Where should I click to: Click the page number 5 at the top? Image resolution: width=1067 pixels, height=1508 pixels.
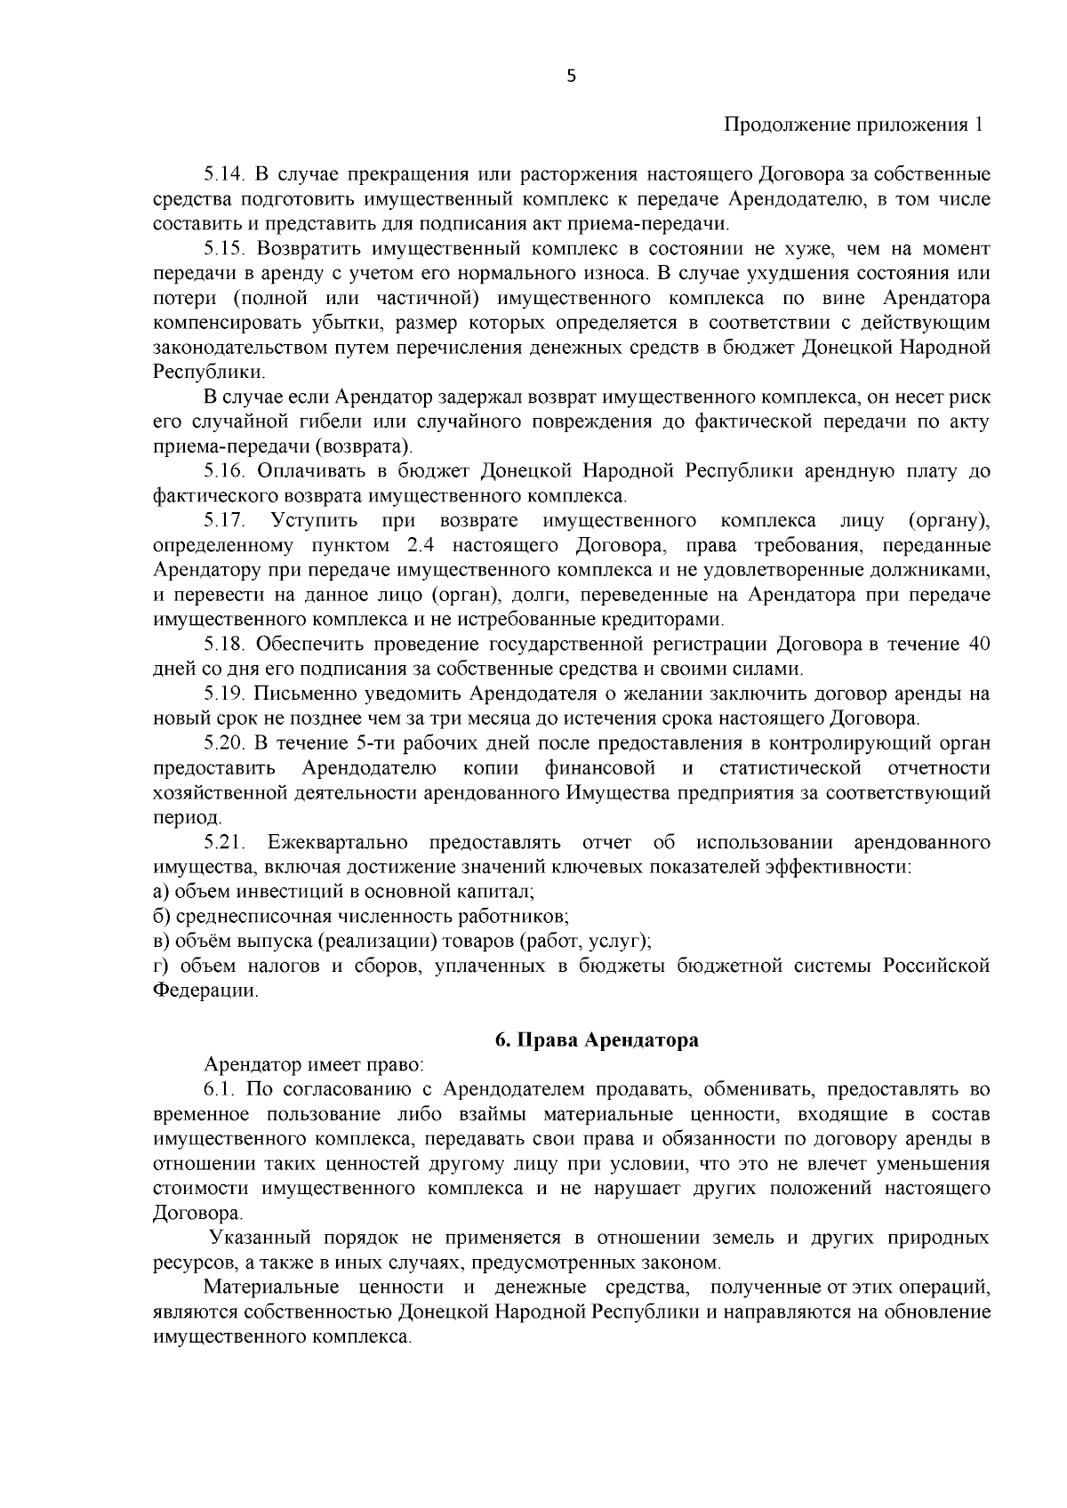571,76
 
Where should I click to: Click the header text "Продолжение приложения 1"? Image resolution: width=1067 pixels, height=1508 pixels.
854,124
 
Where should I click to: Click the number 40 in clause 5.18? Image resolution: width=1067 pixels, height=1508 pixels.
978,644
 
